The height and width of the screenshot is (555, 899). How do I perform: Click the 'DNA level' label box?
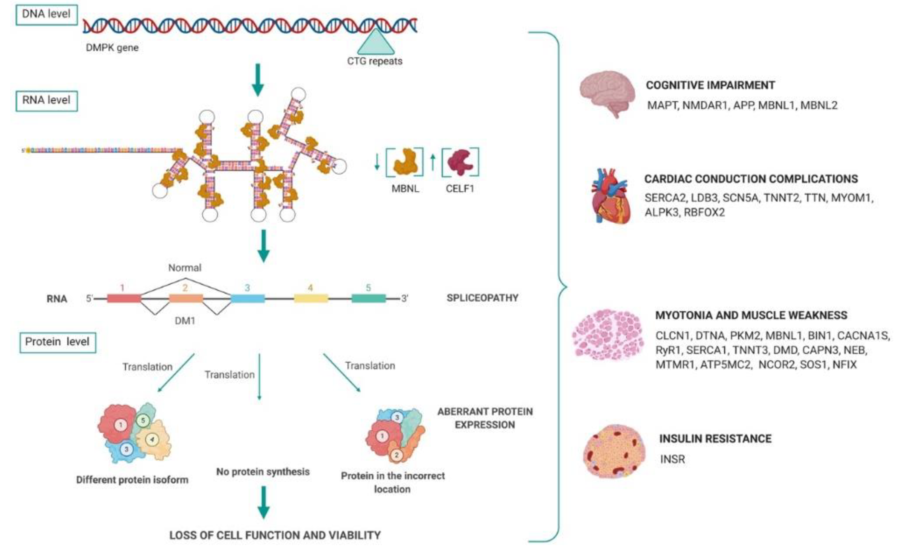[46, 15]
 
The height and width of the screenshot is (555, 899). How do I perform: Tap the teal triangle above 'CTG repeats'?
[376, 43]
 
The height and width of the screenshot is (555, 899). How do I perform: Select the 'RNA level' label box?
[46, 101]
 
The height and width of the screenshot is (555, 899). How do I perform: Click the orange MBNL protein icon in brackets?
[405, 162]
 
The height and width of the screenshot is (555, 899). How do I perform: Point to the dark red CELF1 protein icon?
[461, 162]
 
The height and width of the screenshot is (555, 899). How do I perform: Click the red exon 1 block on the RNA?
[124, 298]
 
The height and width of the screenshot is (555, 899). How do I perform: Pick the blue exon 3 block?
[248, 298]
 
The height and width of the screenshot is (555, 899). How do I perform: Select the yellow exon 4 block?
[311, 298]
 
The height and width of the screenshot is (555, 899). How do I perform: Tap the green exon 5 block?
[369, 298]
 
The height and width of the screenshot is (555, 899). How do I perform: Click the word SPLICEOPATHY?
[483, 298]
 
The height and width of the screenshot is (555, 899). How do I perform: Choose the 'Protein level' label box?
[58, 342]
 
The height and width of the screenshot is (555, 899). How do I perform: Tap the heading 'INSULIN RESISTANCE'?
[715, 439]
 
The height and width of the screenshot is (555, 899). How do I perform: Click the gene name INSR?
[672, 459]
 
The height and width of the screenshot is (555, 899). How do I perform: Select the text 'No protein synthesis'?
[263, 472]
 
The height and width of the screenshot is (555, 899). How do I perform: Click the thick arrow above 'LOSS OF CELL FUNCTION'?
[264, 502]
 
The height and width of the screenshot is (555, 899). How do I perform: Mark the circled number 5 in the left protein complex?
[143, 421]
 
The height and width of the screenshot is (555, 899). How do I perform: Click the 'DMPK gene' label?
[112, 48]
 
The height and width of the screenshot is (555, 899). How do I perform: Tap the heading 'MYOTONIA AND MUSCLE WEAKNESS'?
[751, 315]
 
